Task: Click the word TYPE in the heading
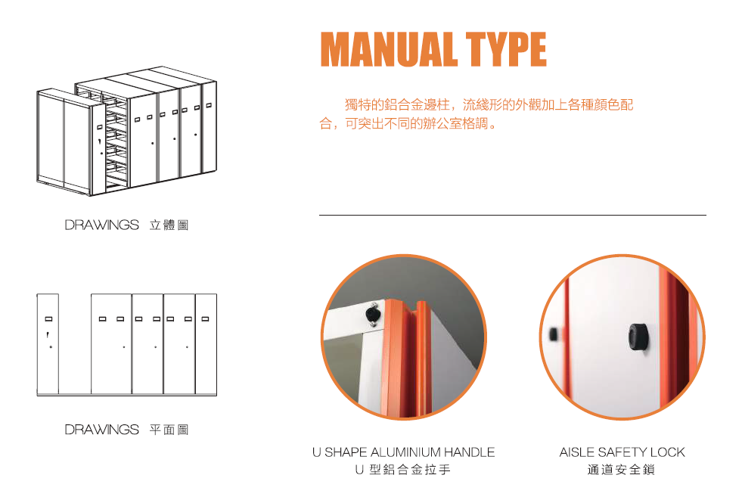point(506,49)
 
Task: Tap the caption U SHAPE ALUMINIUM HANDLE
point(404,452)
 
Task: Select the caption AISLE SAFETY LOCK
point(622,452)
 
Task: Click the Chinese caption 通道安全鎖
point(621,470)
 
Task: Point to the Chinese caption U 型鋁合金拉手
point(402,470)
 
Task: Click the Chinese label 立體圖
point(169,225)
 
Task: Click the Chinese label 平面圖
point(169,430)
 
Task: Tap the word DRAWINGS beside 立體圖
point(102,225)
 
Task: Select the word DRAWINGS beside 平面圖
point(102,430)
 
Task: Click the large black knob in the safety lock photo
point(638,337)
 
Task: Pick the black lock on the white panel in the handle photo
point(373,315)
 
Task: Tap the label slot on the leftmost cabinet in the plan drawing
point(48,319)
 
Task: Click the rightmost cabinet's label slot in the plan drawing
point(206,319)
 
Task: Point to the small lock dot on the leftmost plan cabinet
point(51,347)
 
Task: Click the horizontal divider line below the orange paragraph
point(513,216)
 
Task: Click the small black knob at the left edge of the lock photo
point(553,334)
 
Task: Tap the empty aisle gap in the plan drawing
point(75,343)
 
